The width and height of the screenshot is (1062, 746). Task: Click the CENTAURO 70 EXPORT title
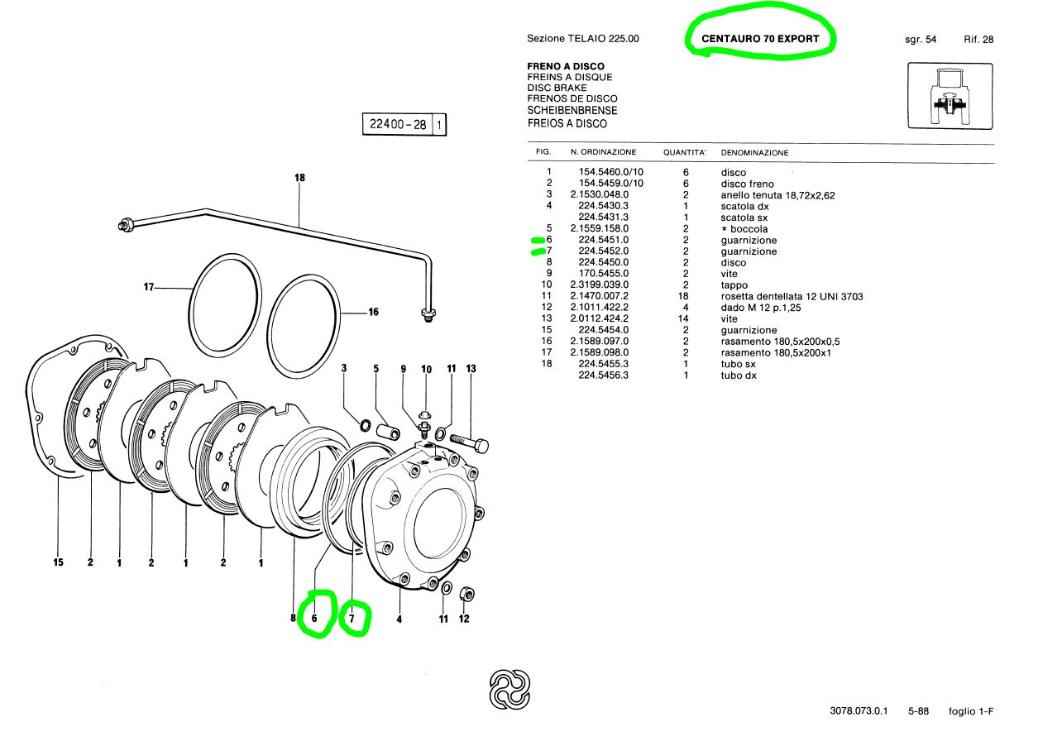pyautogui.click(x=760, y=39)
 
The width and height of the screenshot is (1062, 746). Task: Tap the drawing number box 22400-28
pyautogui.click(x=404, y=124)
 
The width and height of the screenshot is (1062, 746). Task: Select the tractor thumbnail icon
pyautogui.click(x=950, y=96)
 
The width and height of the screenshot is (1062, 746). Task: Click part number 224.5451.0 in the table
pyautogui.click(x=603, y=240)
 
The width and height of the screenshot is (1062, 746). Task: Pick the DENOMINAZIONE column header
pyautogui.click(x=754, y=153)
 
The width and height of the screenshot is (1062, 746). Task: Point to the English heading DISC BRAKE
pyautogui.click(x=557, y=88)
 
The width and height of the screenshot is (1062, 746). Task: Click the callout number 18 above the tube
pyautogui.click(x=299, y=178)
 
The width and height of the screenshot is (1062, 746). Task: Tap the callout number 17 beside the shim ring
pyautogui.click(x=148, y=287)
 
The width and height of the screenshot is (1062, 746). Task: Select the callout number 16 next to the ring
pyautogui.click(x=374, y=312)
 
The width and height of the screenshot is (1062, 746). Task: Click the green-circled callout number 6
pyautogui.click(x=314, y=618)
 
